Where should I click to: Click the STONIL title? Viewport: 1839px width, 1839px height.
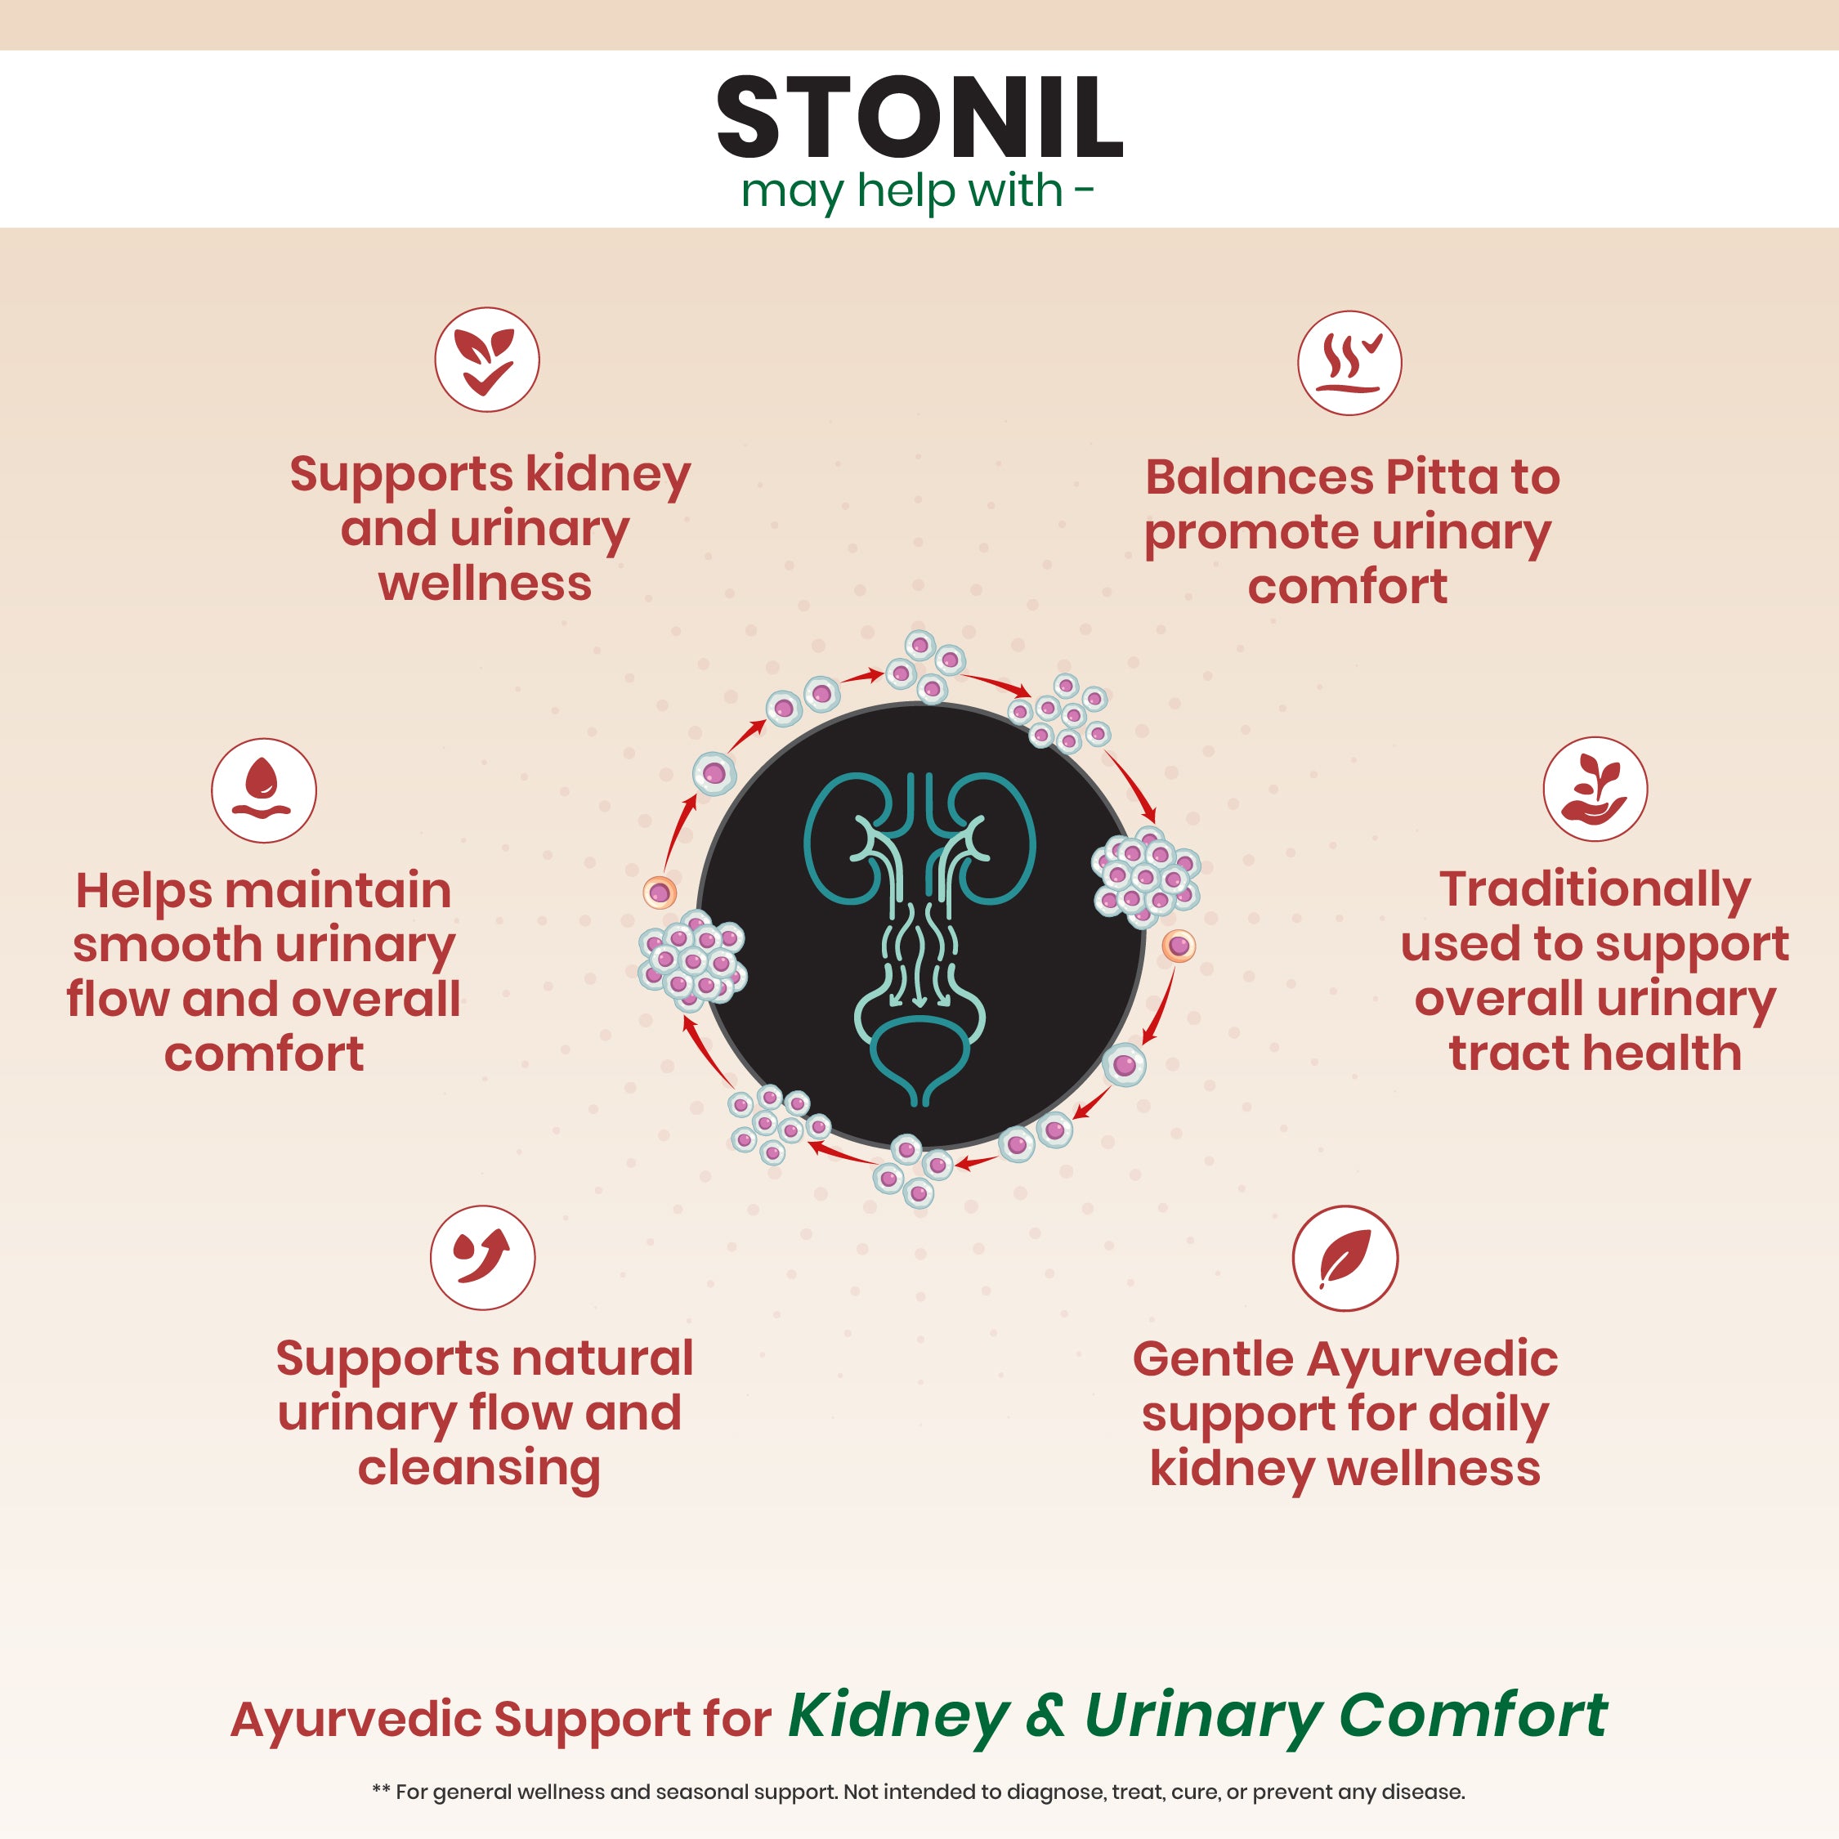pyautogui.click(x=919, y=118)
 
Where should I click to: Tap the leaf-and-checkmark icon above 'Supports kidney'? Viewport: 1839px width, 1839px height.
pyautogui.click(x=486, y=360)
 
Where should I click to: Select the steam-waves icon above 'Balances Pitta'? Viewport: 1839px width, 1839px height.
pyautogui.click(x=1349, y=363)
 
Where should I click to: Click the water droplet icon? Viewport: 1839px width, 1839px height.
pyautogui.click(x=264, y=790)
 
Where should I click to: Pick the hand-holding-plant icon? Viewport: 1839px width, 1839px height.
pyautogui.click(x=1595, y=789)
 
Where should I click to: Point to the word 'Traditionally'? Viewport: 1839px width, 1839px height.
pyautogui.click(x=1595, y=889)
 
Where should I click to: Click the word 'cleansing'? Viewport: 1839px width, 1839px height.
pyautogui.click(x=479, y=1467)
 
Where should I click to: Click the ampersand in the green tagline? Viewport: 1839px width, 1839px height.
pyautogui.click(x=1046, y=1716)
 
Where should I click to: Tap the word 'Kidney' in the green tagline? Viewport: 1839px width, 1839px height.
pyautogui.click(x=898, y=1716)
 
